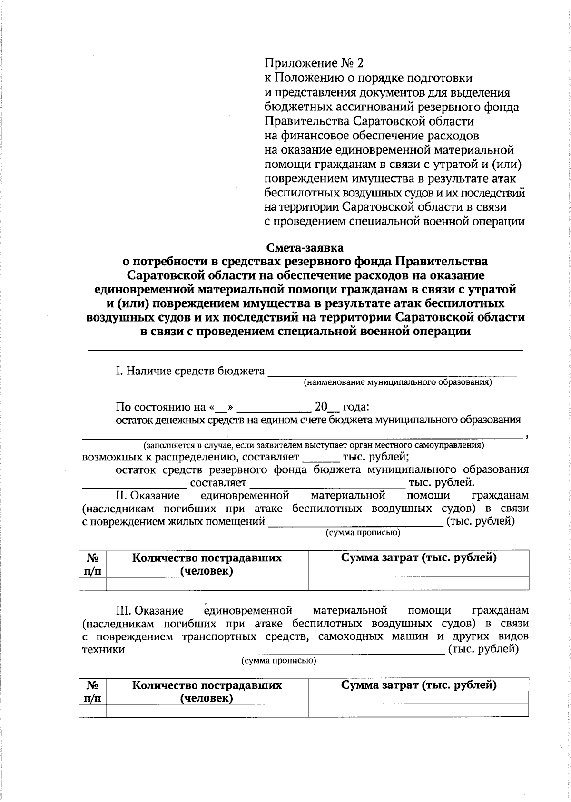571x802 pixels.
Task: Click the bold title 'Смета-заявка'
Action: (x=305, y=247)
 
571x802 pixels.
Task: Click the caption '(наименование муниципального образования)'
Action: (x=398, y=382)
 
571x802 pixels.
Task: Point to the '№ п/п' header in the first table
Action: (x=93, y=564)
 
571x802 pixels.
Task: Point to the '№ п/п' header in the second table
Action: (x=93, y=692)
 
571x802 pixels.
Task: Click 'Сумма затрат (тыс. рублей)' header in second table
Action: (x=418, y=685)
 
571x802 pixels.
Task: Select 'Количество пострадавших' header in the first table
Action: (x=207, y=558)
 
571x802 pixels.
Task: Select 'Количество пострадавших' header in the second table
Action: (x=207, y=685)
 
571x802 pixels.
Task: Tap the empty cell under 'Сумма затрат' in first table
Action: (x=418, y=584)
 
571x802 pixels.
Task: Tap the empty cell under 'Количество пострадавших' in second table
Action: (x=207, y=711)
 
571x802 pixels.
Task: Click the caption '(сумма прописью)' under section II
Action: (x=363, y=533)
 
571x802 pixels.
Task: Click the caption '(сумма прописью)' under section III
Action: (x=278, y=661)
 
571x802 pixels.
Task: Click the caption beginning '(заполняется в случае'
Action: (x=314, y=446)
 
